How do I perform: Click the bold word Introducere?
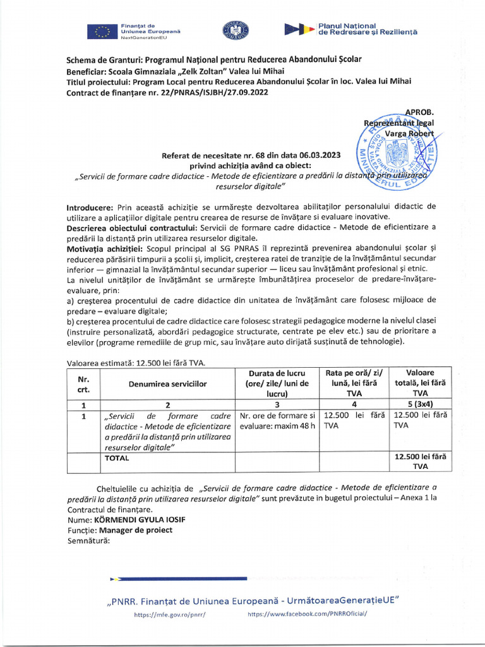pos(90,207)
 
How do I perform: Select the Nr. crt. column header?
pos(83,384)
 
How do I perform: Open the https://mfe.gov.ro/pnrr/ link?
pos(170,614)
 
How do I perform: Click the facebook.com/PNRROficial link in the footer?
pos(308,614)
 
